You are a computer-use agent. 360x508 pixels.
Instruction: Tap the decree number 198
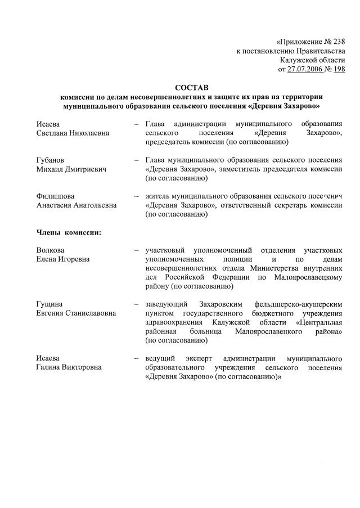coord(339,69)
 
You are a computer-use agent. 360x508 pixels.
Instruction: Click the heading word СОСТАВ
coord(192,88)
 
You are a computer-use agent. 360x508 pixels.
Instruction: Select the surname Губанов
coord(51,160)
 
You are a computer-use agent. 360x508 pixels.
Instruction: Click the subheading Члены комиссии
coord(69,232)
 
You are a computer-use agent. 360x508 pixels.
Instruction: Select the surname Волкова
coord(51,250)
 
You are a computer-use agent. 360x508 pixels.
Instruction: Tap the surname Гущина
coord(50,304)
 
